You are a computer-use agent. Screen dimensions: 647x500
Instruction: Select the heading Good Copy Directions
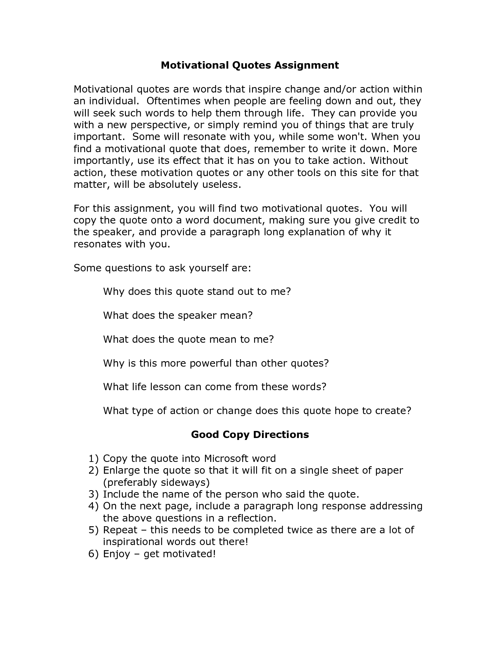pos(250,434)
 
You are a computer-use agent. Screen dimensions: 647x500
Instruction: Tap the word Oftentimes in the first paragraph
pos(173,101)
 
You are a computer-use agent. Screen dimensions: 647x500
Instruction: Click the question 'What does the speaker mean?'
pos(178,315)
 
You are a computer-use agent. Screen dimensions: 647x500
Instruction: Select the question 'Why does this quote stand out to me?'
pos(197,291)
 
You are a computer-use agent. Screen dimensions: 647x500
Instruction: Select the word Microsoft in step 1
pos(225,458)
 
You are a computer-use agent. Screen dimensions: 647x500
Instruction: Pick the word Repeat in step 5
pos(120,530)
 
